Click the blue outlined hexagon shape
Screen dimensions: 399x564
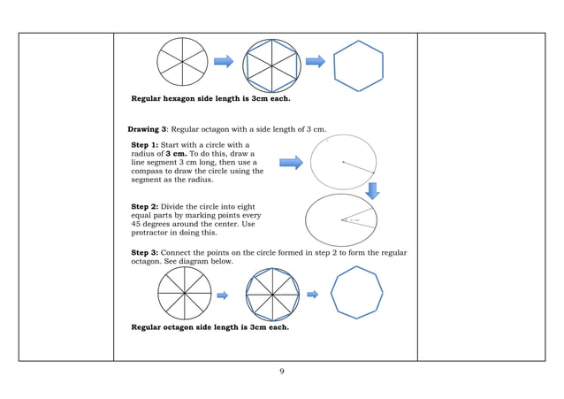[358, 65]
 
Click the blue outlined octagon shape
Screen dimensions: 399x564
[357, 294]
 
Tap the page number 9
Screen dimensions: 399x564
[281, 371]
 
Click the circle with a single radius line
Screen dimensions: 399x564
[343, 162]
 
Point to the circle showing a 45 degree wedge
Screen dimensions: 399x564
[340, 219]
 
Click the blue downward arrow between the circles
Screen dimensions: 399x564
[372, 190]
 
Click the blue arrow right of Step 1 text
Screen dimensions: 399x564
[291, 163]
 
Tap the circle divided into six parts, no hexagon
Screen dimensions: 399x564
[182, 61]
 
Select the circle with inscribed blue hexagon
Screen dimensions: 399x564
[269, 65]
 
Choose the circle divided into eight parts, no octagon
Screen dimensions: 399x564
[184, 293]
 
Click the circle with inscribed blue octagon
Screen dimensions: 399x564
[271, 294]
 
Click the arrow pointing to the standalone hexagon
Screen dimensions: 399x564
[316, 62]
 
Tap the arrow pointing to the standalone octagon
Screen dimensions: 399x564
[312, 295]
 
